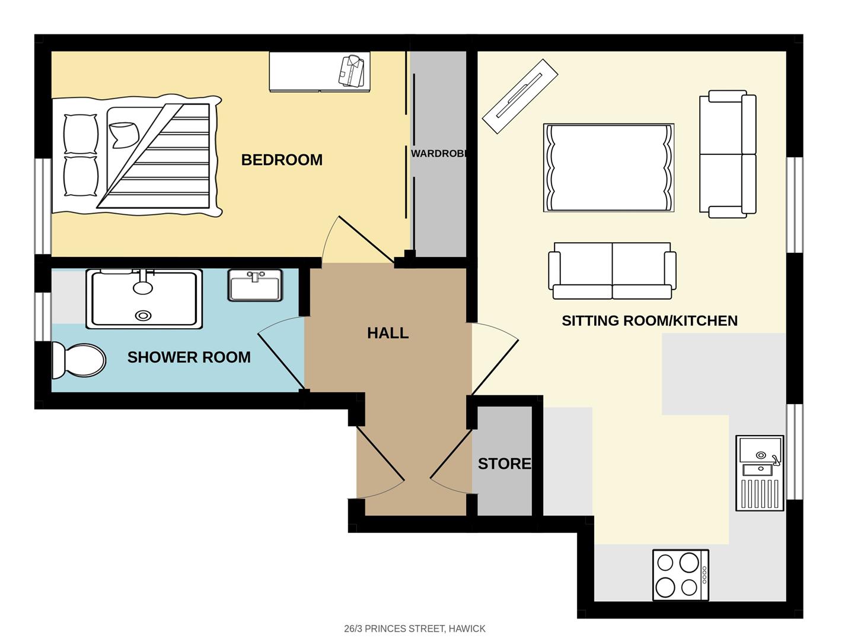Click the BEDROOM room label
(282, 160)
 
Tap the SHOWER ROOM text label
(189, 357)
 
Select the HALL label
(388, 333)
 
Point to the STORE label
(504, 464)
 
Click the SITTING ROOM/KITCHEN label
(649, 320)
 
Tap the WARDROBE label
(439, 154)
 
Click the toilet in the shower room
(78, 360)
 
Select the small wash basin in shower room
(255, 285)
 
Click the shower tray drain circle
(143, 316)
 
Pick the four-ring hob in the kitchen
(680, 575)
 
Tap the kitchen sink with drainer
(760, 473)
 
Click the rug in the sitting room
(608, 168)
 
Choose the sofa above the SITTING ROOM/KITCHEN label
(612, 270)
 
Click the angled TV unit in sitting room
(520, 96)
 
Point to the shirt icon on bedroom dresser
(350, 71)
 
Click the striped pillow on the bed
(123, 135)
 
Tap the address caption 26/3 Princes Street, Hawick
(415, 629)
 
